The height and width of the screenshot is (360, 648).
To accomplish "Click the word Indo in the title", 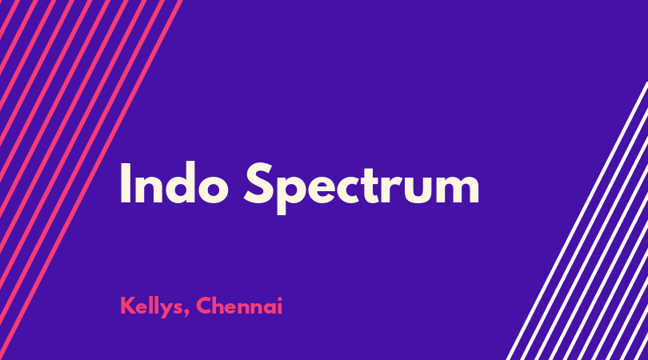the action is (x=174, y=182).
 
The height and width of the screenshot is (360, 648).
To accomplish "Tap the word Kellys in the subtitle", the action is (x=152, y=306).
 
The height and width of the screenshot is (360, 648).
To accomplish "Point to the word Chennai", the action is (x=239, y=306).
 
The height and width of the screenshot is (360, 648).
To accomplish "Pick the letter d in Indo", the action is (x=178, y=183).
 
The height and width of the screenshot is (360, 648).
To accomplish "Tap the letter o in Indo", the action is (x=214, y=189).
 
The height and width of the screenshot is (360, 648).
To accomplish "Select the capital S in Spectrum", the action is (x=258, y=183).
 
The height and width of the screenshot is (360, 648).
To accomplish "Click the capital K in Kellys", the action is (x=127, y=306).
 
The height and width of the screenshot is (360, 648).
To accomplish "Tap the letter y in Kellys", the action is (x=163, y=310).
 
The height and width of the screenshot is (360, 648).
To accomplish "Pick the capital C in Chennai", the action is (x=205, y=306).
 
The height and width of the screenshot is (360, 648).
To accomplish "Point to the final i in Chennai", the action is (x=280, y=306).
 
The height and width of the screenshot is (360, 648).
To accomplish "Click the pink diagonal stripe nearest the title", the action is (x=91, y=180).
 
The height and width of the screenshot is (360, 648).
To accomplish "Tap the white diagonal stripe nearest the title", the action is (x=577, y=221).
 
